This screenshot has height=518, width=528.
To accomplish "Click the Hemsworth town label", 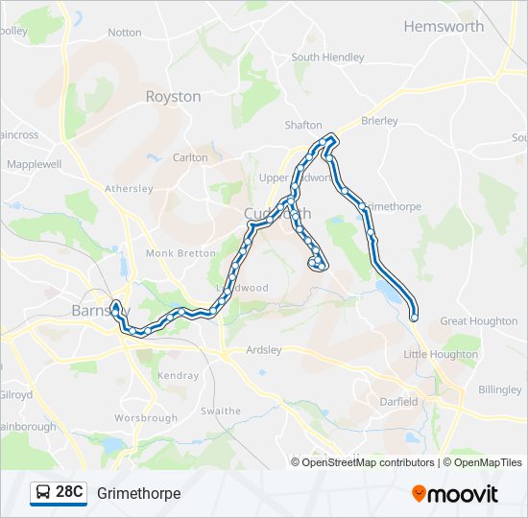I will tap(444, 26).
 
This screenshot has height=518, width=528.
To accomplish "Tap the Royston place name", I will tap(173, 96).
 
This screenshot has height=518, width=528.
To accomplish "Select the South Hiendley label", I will tap(327, 58).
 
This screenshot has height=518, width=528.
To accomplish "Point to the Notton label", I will tap(125, 32).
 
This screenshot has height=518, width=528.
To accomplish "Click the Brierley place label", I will tap(379, 121).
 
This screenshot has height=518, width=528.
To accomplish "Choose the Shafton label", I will tap(303, 126).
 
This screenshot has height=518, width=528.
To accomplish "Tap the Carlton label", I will tap(190, 157).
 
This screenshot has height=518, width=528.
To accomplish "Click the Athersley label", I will tap(129, 189).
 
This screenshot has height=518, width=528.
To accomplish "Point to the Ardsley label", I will tap(264, 350).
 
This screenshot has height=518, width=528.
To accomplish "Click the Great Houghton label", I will tap(479, 321).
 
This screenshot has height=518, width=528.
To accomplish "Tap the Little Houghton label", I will tap(441, 354).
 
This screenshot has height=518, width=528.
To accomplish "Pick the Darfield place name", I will tap(399, 402).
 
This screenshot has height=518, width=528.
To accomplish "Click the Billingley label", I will tap(499, 390).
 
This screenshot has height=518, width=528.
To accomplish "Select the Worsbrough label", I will tap(146, 419).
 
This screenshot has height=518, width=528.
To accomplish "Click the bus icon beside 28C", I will tap(43, 493).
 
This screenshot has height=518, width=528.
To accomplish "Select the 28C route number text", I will tap(70, 493).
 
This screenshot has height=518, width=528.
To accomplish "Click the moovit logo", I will tap(455, 494).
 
